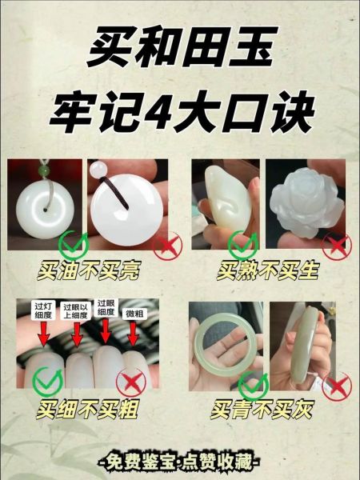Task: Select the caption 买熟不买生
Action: click(x=268, y=270)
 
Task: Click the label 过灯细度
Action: click(x=42, y=310)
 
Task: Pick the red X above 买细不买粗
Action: click(x=133, y=385)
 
